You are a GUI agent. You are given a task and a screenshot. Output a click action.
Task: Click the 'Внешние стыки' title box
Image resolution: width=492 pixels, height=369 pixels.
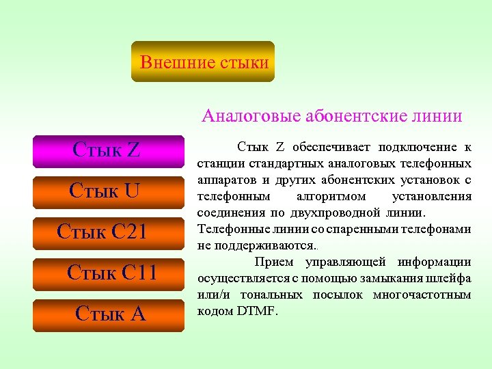pos(203,62)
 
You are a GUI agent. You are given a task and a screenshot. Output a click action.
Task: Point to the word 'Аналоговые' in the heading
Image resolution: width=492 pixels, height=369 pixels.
pos(243,116)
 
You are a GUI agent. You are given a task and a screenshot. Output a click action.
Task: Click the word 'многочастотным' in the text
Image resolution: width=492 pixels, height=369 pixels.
pos(422,295)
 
